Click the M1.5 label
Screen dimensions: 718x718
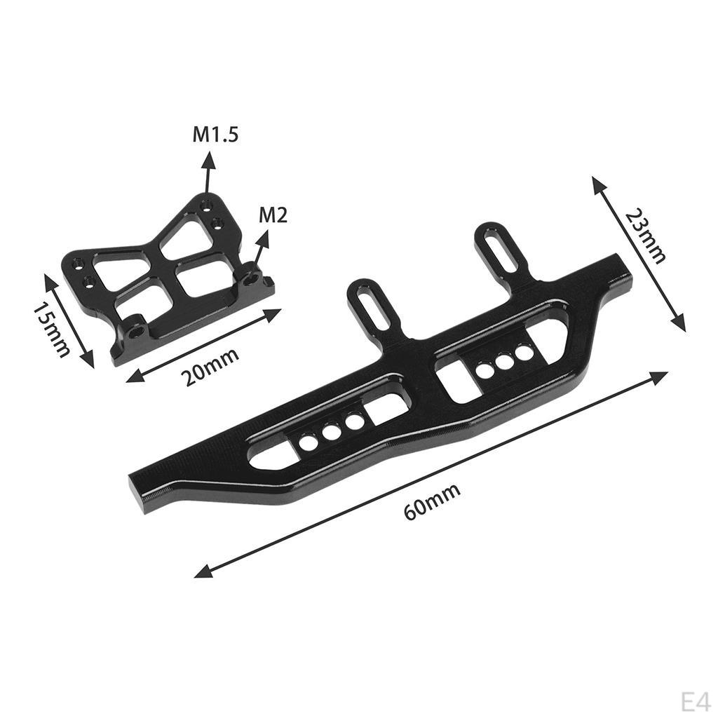[216, 134]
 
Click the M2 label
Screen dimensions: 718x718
[273, 215]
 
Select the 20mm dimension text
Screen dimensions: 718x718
[210, 366]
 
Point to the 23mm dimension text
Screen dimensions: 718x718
[644, 235]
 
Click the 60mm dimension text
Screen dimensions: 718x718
[433, 501]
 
